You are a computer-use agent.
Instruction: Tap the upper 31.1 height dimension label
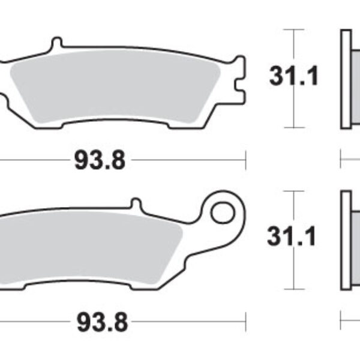pos(294,76)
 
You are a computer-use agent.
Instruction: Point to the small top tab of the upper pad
pos(56,44)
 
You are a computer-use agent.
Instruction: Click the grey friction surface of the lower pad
pos(90,246)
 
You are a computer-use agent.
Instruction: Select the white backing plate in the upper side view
pos(345,78)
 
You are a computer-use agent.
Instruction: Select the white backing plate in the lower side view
pos(345,240)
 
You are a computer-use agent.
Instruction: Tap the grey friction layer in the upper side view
pos(355,78)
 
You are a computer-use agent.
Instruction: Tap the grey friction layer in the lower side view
pos(355,240)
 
